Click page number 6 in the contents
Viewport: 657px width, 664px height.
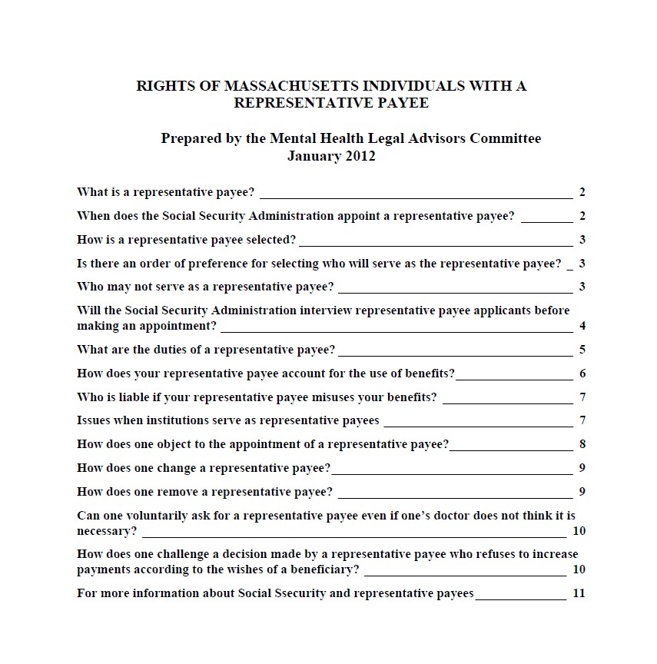point(582,374)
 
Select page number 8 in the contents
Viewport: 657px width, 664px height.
point(582,445)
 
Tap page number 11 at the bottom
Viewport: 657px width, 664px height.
point(579,594)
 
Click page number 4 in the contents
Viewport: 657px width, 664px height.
point(582,327)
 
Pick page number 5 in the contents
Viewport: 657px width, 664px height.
point(582,350)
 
